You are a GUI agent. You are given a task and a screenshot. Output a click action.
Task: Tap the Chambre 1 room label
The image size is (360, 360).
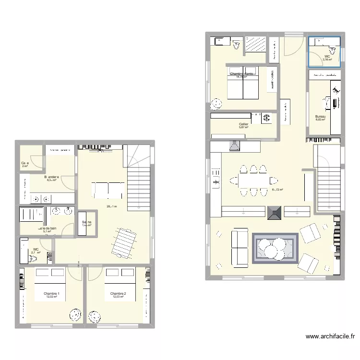(x=51, y=293)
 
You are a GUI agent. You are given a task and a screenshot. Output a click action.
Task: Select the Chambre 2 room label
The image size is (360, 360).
(x=118, y=293)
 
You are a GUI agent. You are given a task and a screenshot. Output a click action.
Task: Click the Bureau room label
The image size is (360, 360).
(x=320, y=116)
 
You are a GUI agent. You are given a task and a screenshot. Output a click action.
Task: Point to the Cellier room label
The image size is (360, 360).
(x=243, y=124)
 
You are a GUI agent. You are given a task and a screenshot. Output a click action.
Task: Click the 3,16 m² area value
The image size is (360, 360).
(x=327, y=60)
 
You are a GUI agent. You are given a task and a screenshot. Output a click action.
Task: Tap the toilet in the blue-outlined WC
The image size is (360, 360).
(x=331, y=49)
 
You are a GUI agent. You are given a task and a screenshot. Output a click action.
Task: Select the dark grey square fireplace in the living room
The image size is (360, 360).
(x=275, y=213)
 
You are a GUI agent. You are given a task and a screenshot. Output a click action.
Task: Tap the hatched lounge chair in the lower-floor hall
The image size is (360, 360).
(x=123, y=242)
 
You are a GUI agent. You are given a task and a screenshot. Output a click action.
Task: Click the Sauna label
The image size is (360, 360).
(x=86, y=222)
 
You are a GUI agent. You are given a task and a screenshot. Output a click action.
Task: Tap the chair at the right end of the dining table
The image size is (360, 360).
(x=274, y=181)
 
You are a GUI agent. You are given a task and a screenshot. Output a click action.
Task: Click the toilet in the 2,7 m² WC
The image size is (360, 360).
(x=34, y=258)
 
